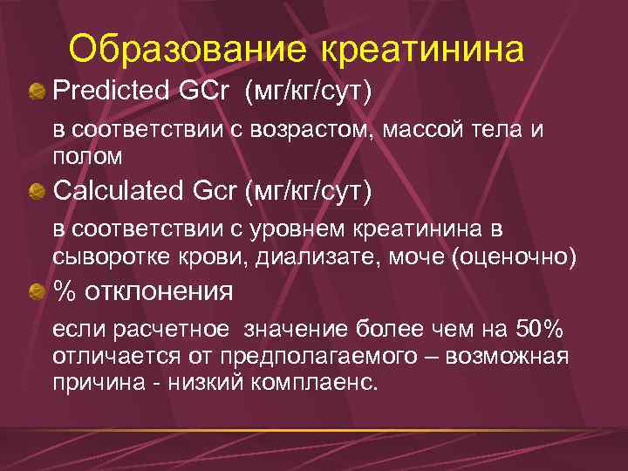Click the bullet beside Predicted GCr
click(37, 91)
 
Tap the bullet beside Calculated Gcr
click(37, 191)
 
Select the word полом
click(86, 156)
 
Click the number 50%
click(539, 329)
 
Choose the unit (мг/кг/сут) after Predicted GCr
click(309, 90)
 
